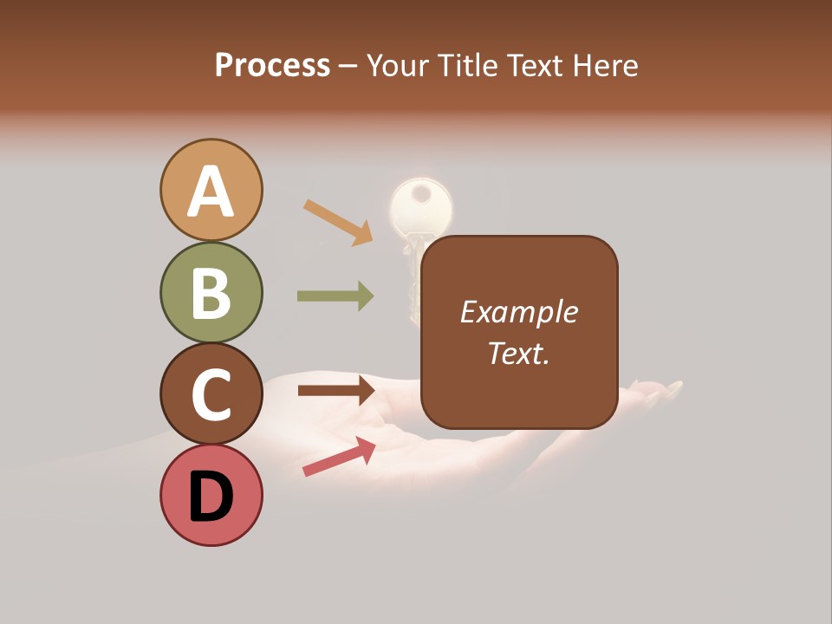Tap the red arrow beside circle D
[339, 456]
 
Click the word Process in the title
[272, 65]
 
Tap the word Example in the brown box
[518, 312]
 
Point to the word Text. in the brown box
[518, 353]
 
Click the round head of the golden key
[421, 205]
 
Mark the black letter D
[211, 497]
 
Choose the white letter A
[211, 192]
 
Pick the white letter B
[211, 293]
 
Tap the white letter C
[211, 394]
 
